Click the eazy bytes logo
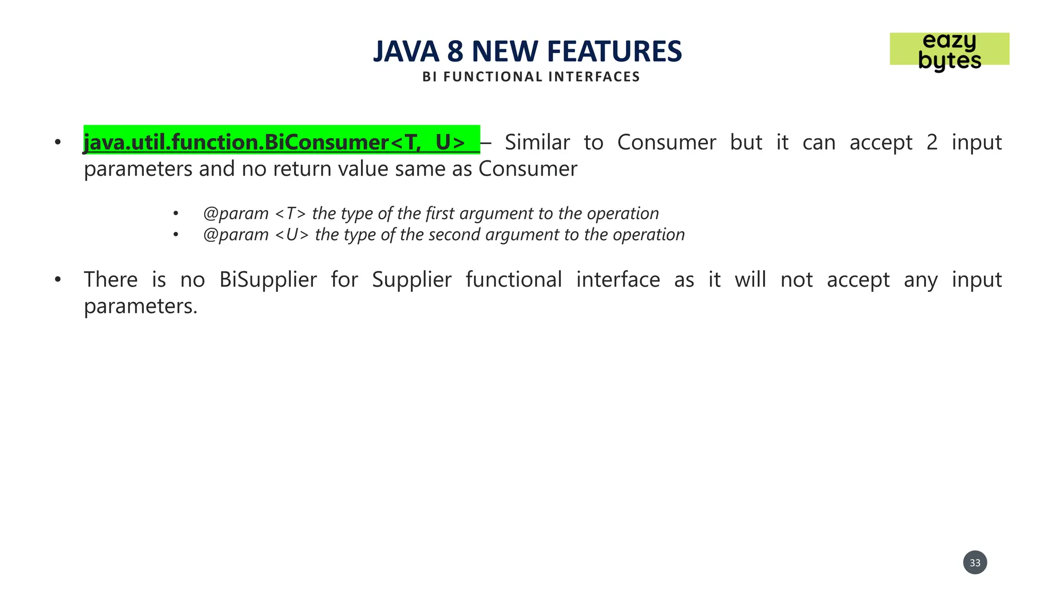[x=949, y=50]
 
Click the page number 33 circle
[x=975, y=563]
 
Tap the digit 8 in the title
[x=455, y=52]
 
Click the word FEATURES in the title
[x=614, y=52]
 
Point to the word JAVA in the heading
[x=406, y=52]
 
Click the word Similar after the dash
[x=537, y=142]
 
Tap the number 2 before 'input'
[x=932, y=142]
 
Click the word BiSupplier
[x=268, y=280]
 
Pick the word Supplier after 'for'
[x=411, y=280]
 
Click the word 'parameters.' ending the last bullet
[x=140, y=306]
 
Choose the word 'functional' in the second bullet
[x=514, y=280]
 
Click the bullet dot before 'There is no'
[x=58, y=280]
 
